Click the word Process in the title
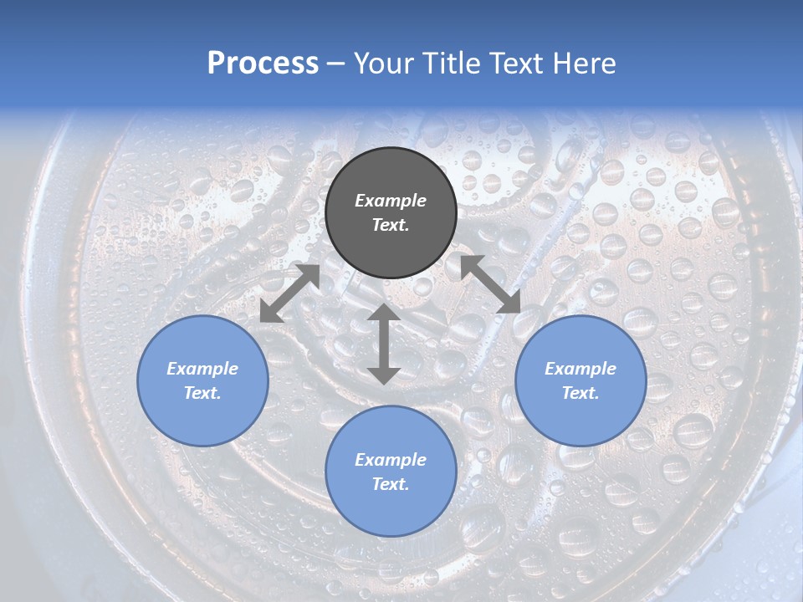click(263, 64)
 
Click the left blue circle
click(202, 380)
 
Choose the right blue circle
click(581, 380)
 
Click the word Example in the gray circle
click(391, 201)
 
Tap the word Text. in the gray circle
click(391, 225)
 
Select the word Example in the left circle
click(202, 369)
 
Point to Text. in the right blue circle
click(581, 393)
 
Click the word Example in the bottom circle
click(391, 460)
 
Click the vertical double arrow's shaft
click(383, 344)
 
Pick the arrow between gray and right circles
click(491, 284)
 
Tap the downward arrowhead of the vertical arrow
click(383, 374)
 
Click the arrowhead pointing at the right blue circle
click(509, 302)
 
